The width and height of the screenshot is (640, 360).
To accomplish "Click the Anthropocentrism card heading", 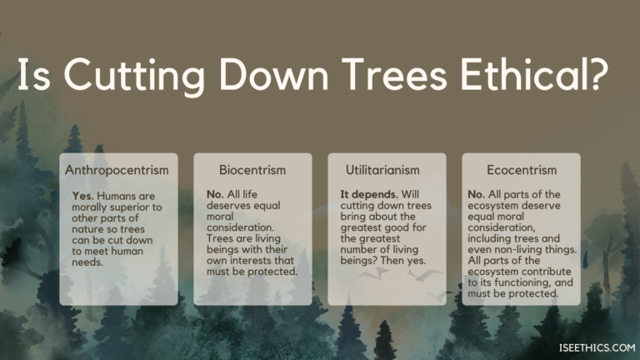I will (x=117, y=170).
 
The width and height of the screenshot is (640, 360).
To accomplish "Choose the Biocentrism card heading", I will (x=253, y=170).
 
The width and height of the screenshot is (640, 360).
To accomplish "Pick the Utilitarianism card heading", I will (x=387, y=170).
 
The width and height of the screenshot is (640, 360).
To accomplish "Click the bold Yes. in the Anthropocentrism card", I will (x=85, y=196).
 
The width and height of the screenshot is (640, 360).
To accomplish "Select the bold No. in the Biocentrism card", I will (x=216, y=192).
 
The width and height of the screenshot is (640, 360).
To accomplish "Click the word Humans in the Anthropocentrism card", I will (x=117, y=196).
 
